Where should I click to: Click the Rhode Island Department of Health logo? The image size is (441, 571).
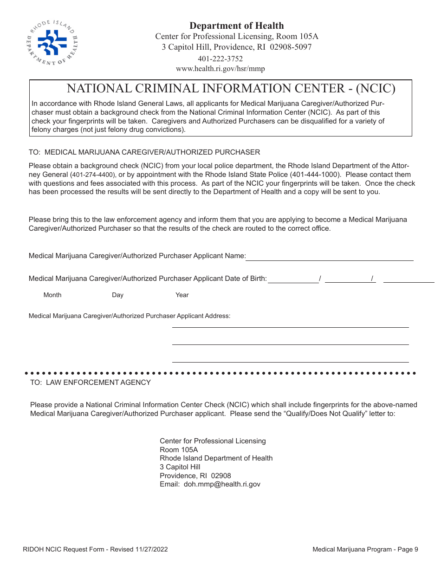tap(52, 43)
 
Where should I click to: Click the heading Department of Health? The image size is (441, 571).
tap(236, 26)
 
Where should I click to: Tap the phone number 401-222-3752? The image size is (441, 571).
tap(220, 59)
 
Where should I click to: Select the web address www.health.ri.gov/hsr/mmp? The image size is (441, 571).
tap(220, 69)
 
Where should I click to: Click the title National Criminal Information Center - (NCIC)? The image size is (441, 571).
tap(231, 88)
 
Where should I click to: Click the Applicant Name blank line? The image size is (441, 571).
tap(330, 257)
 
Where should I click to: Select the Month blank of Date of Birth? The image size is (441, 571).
tap(293, 279)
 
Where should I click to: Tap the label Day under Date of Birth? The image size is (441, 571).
tap(117, 295)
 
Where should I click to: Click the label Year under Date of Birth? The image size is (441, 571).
tap(182, 295)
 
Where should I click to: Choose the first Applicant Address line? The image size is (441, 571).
tap(290, 324)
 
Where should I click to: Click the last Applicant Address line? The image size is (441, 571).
tap(290, 358)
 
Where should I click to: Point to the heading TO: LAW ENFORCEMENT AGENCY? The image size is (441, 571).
tap(91, 383)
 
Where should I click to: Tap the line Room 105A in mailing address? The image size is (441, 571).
tap(179, 450)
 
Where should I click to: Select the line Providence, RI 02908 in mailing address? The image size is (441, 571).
tap(195, 476)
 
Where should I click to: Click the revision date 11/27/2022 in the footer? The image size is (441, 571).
tap(150, 550)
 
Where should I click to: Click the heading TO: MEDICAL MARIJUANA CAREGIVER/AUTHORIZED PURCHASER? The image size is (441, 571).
tap(144, 152)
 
